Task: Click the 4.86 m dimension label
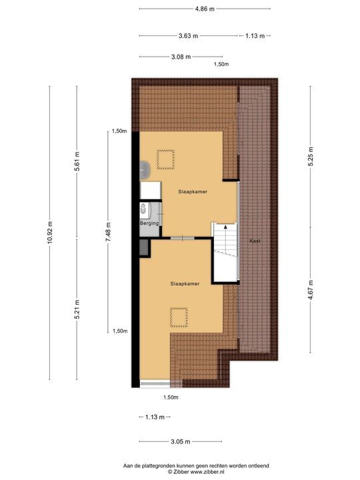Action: (x=205, y=9)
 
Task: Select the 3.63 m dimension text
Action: (x=188, y=36)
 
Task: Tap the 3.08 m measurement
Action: (x=181, y=57)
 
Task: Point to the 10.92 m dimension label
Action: (x=49, y=233)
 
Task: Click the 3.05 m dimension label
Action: (x=181, y=442)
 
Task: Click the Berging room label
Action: (x=149, y=223)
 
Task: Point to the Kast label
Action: (x=254, y=240)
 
